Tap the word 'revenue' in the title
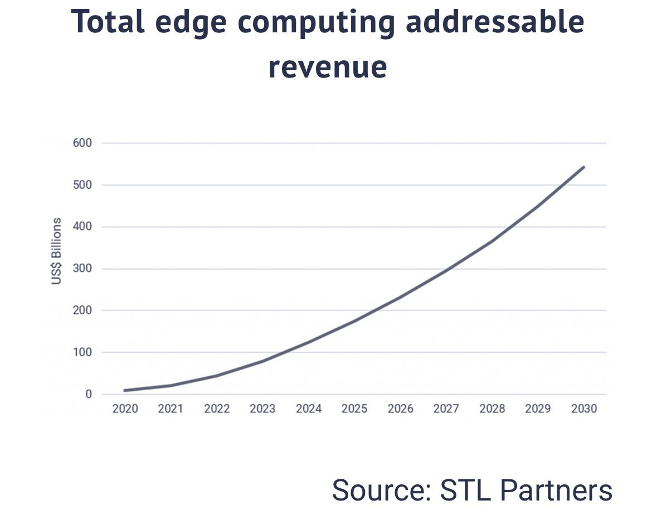tap(328, 67)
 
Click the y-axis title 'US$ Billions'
tap(56, 251)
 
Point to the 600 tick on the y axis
tap(82, 143)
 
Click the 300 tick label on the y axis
tap(82, 269)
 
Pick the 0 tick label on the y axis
tap(88, 394)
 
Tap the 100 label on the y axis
tap(82, 352)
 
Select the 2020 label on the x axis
tap(125, 409)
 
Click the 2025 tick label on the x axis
tap(354, 409)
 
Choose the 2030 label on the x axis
tap(584, 409)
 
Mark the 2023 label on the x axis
tap(262, 409)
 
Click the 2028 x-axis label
tap(492, 409)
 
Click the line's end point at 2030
tap(583, 167)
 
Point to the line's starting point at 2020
tap(125, 390)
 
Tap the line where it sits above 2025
tap(354, 320)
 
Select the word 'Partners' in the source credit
tap(556, 490)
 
